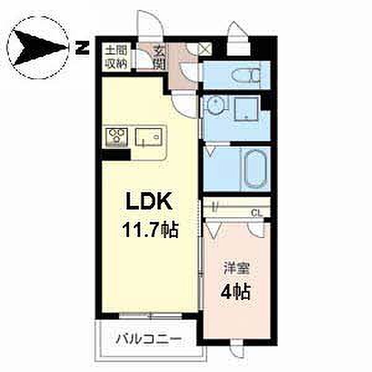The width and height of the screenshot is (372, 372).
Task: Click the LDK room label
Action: point(149,201)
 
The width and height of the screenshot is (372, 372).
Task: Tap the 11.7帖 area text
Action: point(150,230)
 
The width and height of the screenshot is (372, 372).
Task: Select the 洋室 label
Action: point(236,268)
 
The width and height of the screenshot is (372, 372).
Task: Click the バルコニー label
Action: point(149,339)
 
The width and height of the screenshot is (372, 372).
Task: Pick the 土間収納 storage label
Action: point(117,58)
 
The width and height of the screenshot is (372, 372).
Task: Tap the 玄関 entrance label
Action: point(160,58)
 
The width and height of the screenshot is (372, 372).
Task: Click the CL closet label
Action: point(257,213)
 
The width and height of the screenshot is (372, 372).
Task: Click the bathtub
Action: point(255,169)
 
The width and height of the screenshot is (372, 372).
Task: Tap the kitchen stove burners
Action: point(117,137)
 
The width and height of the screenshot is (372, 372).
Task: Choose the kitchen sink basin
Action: point(149,137)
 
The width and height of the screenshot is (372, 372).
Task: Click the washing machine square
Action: point(247,109)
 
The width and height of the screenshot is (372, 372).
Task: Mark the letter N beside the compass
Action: point(82,48)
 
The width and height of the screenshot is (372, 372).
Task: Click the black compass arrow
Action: point(39,48)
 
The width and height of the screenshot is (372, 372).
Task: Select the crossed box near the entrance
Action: point(205,49)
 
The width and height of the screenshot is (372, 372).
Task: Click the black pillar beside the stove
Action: point(117,154)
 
